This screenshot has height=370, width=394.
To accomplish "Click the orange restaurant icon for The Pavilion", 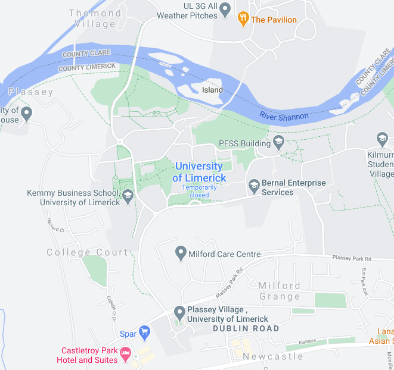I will [x=243, y=19].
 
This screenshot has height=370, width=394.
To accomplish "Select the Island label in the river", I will [x=212, y=90].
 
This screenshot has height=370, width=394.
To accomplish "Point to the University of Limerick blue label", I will [x=199, y=172].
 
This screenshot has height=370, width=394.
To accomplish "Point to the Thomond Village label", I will [x=95, y=18].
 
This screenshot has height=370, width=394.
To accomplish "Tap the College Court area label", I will [x=87, y=252].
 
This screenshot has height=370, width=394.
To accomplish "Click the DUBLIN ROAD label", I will [x=246, y=328].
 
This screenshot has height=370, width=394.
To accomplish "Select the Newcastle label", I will [x=273, y=356].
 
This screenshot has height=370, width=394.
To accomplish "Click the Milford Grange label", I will [x=280, y=291].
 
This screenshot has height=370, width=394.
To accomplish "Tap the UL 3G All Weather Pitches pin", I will [x=225, y=9].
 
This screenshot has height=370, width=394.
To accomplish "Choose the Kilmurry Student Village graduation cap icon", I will [x=382, y=140].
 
